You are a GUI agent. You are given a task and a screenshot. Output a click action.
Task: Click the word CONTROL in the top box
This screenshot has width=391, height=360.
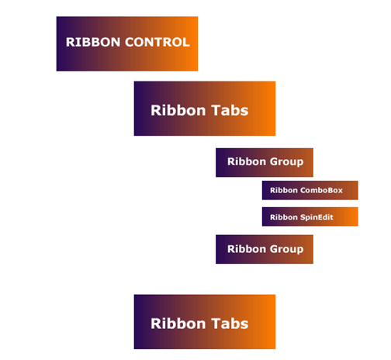[x=157, y=42]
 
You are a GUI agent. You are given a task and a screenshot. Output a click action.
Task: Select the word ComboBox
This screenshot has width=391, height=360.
[x=321, y=190]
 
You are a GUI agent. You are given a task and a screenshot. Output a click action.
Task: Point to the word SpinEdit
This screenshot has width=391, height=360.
[x=317, y=217]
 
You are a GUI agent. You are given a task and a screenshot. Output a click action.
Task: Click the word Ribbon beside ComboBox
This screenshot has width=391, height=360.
[x=284, y=190]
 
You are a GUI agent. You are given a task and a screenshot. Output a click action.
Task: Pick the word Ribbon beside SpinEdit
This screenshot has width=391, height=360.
[x=284, y=217]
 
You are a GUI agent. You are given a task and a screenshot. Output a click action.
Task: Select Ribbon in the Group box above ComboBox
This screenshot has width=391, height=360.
[x=247, y=161]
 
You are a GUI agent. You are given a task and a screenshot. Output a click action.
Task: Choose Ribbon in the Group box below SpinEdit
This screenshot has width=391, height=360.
[x=247, y=249]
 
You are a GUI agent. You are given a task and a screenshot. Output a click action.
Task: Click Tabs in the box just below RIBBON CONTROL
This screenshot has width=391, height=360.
[x=230, y=110]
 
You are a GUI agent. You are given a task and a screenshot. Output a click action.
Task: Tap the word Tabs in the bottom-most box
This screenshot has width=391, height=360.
[x=230, y=324]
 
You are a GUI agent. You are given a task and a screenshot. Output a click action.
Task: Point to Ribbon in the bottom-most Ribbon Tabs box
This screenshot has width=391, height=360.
[x=178, y=324]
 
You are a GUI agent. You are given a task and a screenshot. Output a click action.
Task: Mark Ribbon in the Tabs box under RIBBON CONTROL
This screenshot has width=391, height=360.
[x=178, y=110]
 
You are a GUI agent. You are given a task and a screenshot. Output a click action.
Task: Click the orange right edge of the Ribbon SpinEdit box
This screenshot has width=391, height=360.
[x=358, y=216]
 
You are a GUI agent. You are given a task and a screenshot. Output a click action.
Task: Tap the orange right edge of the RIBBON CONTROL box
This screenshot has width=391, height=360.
[x=197, y=43]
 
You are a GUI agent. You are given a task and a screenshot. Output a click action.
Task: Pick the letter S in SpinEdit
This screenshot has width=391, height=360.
[x=303, y=217]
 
